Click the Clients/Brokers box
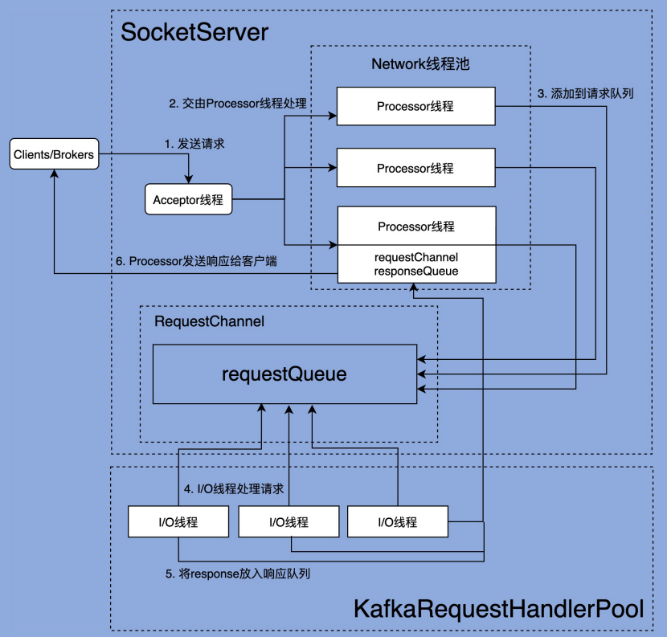54,154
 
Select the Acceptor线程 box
188,200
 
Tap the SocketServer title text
194,33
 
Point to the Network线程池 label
420,65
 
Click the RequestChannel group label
209,321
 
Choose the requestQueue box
284,374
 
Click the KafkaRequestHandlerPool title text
498,609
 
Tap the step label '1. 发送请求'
194,144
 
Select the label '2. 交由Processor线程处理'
239,103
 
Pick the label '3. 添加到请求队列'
585,93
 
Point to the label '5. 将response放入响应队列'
238,574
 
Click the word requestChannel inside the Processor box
416,257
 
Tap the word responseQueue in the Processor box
416,272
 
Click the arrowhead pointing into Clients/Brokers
54,174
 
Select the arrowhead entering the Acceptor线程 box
188,180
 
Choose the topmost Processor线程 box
415,106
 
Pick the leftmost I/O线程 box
178,522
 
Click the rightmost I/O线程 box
398,522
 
